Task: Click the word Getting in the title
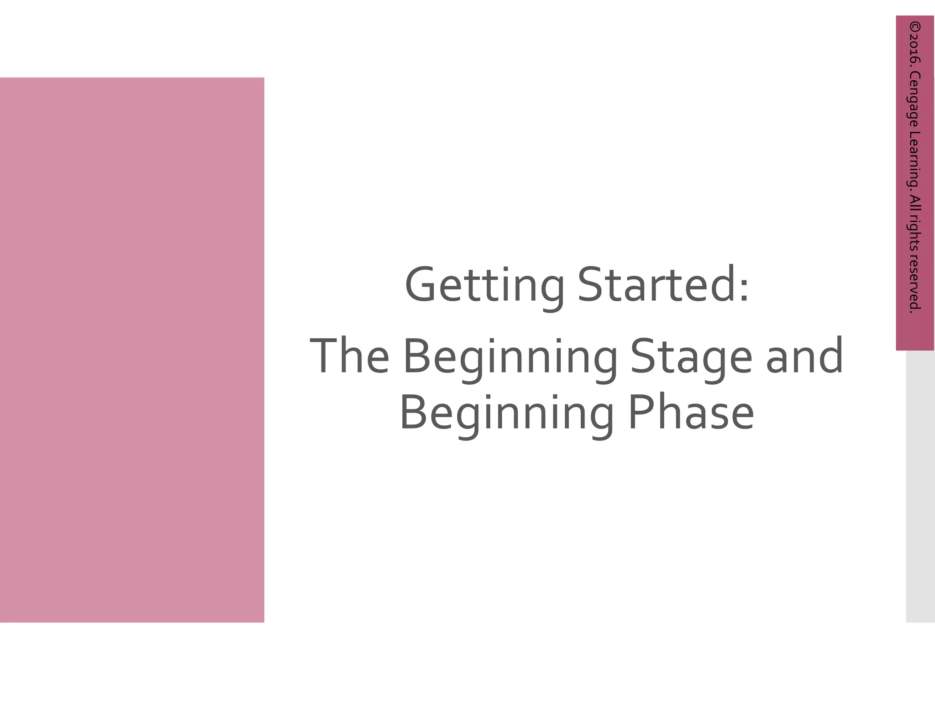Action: (484, 286)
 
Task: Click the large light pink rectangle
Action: (132, 350)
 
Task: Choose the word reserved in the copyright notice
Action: (915, 283)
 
